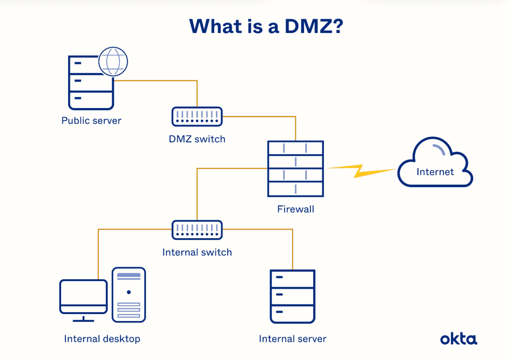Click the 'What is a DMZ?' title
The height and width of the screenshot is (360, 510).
pyautogui.click(x=266, y=26)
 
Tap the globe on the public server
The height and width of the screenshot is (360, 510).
pyautogui.click(x=113, y=62)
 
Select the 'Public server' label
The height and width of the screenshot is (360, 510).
pyautogui.click(x=91, y=120)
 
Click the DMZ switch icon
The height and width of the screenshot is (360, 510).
pyautogui.click(x=197, y=116)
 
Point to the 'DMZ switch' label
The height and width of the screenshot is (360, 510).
pyautogui.click(x=197, y=139)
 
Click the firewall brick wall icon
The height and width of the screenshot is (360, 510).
pyautogui.click(x=295, y=169)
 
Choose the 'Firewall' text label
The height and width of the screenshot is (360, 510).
pyautogui.click(x=295, y=209)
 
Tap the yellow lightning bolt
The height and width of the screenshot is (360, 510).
pyautogui.click(x=361, y=171)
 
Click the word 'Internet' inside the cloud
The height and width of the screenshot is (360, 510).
pyautogui.click(x=435, y=172)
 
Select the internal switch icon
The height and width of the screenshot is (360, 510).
pyautogui.click(x=197, y=230)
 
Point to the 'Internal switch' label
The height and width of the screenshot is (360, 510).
pyautogui.click(x=197, y=252)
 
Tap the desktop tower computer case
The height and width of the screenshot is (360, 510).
pyautogui.click(x=129, y=295)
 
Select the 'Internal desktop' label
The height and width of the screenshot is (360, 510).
pyautogui.click(x=102, y=339)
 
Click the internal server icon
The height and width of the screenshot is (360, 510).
pyautogui.click(x=292, y=297)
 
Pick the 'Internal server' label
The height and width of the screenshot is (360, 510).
pyautogui.click(x=292, y=339)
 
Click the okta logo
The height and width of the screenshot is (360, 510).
pyautogui.click(x=459, y=339)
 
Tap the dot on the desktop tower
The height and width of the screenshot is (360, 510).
pyautogui.click(x=129, y=292)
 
